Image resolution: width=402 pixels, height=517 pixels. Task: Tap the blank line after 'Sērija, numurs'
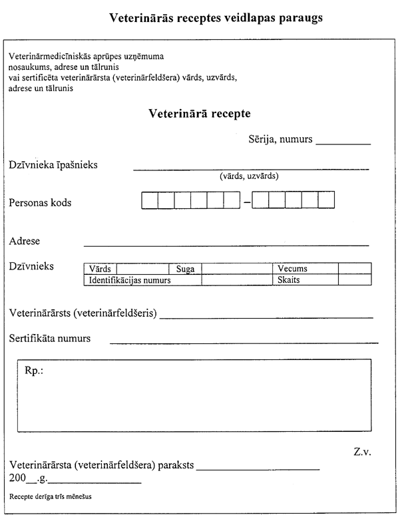(343, 141)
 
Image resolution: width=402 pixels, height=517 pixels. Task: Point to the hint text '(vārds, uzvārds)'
(249, 177)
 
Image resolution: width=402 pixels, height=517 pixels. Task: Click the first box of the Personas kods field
(150, 200)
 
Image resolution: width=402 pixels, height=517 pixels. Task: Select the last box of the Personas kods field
(326, 200)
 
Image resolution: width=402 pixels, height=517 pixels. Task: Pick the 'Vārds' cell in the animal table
(100, 269)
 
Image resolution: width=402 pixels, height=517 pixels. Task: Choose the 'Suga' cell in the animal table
(185, 269)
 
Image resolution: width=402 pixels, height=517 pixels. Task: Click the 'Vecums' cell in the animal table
(292, 269)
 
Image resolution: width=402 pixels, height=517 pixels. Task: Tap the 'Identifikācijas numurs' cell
(130, 280)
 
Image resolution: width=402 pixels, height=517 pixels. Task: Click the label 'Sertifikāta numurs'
(50, 339)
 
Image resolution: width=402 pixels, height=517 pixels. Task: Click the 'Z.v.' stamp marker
(362, 452)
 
